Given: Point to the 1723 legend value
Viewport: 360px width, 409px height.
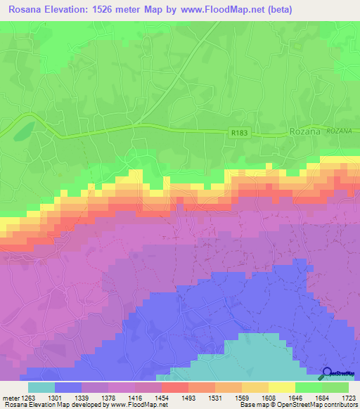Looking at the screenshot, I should (348, 397).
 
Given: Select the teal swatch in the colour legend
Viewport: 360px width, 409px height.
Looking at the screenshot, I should (41, 387).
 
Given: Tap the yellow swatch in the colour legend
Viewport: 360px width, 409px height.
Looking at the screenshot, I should (282, 387).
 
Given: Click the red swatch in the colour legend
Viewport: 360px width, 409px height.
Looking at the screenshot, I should (174, 387).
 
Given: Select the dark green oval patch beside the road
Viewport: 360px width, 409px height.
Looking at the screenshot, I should (23, 130).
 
